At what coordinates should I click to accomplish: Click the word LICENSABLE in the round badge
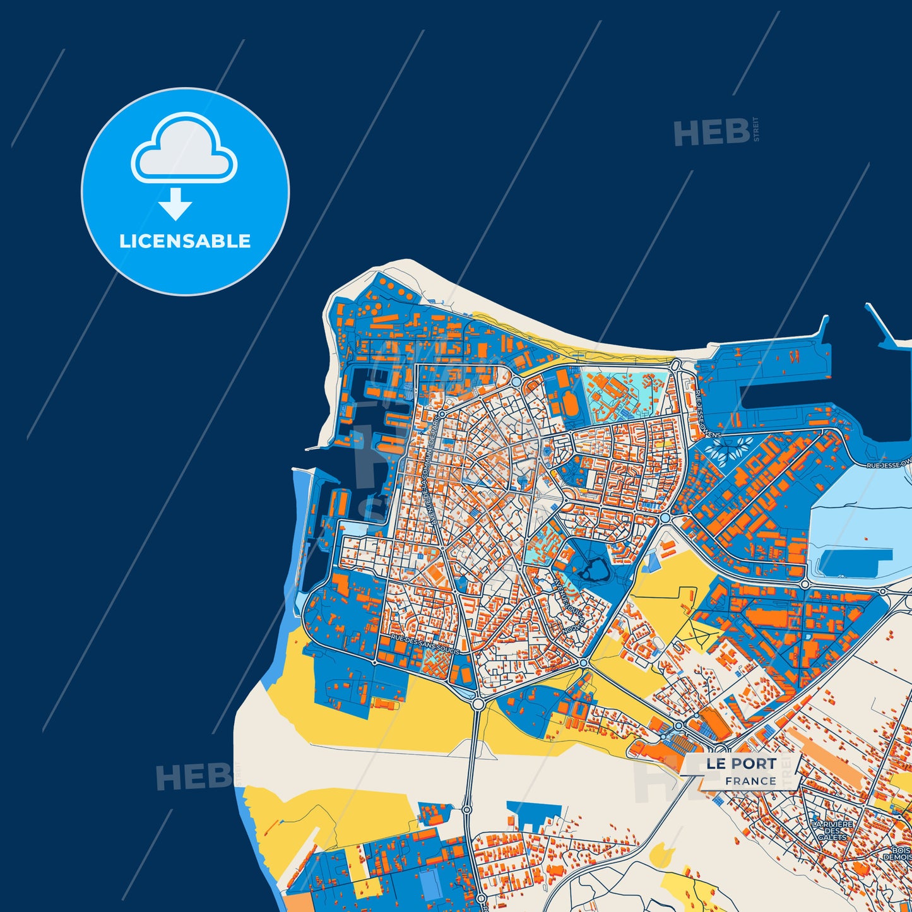[185, 241]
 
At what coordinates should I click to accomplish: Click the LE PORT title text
[740, 764]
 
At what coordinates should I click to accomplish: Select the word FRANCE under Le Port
[750, 781]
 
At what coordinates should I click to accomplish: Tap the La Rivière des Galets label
[832, 831]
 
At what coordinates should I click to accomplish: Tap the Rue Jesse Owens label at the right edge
[888, 465]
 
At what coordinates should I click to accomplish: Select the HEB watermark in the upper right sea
[712, 133]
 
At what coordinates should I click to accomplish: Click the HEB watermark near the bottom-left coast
[193, 777]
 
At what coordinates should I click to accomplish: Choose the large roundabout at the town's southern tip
[478, 703]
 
